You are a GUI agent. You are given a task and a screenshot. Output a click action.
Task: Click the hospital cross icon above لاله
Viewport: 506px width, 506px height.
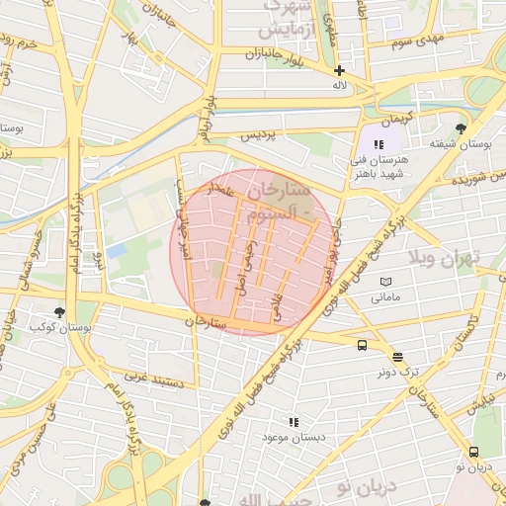339,70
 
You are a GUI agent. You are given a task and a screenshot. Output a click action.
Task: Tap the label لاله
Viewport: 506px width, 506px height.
339,86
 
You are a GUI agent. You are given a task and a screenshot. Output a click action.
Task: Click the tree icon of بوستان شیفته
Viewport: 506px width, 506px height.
460,128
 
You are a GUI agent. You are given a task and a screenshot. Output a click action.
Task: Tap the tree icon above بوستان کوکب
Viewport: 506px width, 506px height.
61,310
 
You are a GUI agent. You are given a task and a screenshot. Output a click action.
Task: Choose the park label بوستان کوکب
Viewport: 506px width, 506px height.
54,325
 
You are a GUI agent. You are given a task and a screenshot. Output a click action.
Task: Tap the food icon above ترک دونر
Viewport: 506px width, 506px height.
397,358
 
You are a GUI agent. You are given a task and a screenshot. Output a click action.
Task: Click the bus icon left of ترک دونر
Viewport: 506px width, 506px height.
362,346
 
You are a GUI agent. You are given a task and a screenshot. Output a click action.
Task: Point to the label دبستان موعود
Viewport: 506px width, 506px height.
288,437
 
